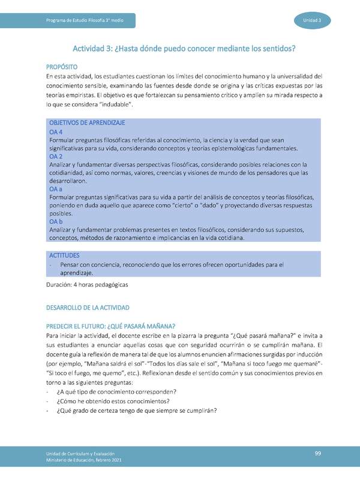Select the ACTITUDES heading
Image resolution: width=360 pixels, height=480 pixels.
[x=64, y=255]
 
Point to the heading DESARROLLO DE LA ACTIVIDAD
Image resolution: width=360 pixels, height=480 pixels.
[x=88, y=307]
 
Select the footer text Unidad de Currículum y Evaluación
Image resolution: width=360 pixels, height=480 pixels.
[x=81, y=454]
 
